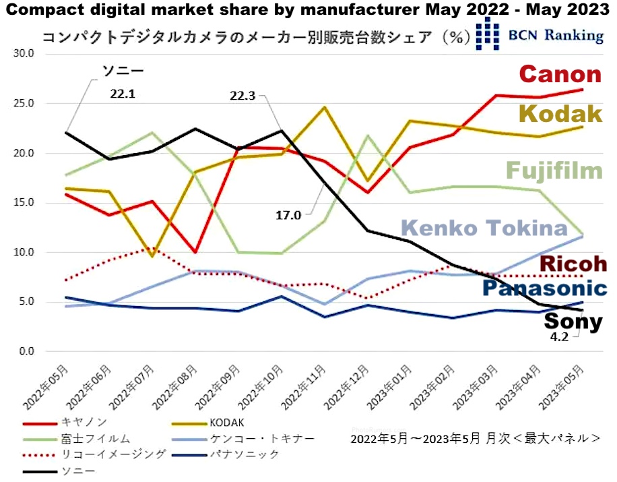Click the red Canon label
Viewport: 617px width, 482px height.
559,75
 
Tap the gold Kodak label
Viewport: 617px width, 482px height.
560,114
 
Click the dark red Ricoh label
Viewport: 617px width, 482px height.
573,264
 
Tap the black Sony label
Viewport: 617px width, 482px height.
573,322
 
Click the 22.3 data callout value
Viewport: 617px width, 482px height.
241,96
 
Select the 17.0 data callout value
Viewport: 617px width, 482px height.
289,216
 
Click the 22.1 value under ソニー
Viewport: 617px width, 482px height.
123,94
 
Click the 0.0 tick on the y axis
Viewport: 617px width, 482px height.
24,351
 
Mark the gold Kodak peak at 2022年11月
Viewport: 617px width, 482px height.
324,107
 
